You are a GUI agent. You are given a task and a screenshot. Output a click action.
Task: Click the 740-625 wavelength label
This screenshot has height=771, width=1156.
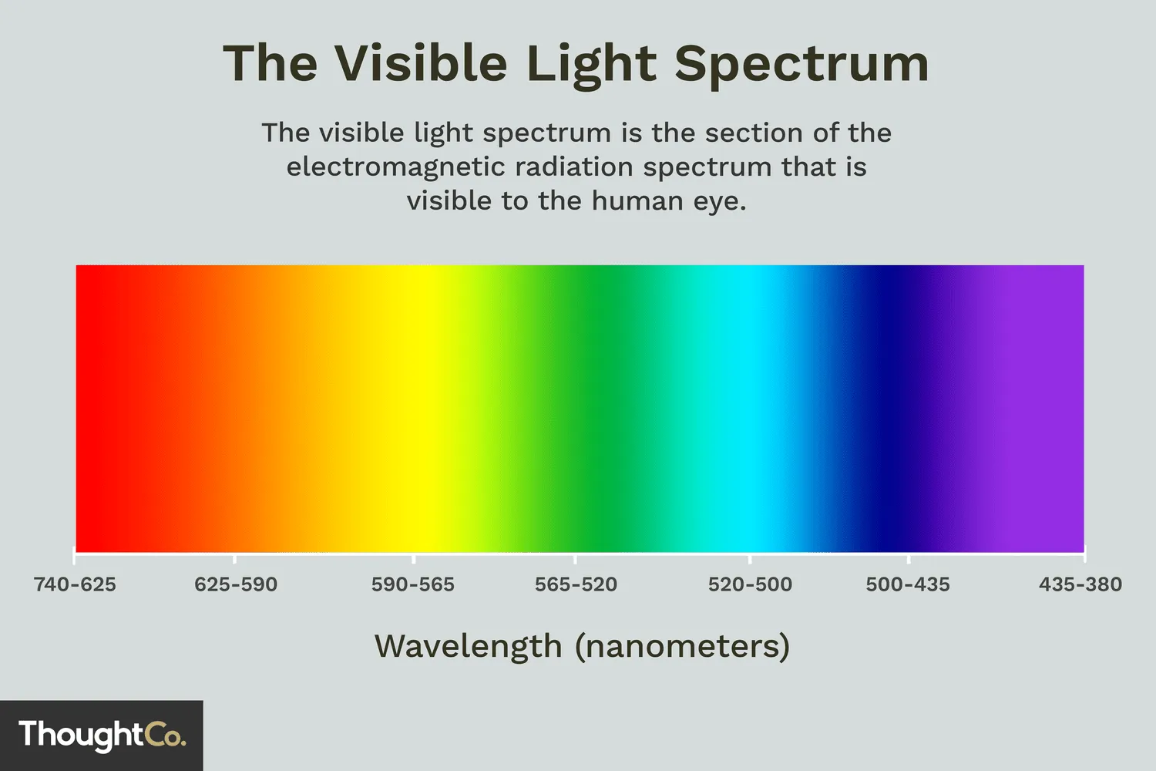75,584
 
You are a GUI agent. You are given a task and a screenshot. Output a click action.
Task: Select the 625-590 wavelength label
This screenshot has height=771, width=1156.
236,584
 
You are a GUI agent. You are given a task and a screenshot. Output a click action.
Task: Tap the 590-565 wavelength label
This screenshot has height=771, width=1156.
413,584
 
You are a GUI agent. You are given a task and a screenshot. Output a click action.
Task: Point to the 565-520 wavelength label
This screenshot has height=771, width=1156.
576,584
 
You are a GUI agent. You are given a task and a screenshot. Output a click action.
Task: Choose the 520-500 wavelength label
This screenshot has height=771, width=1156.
750,584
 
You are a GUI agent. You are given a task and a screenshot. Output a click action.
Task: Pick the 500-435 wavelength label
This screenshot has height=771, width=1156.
908,584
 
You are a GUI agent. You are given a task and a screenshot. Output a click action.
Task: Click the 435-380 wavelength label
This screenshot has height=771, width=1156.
1080,584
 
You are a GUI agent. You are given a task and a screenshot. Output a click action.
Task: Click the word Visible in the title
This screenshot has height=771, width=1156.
421,63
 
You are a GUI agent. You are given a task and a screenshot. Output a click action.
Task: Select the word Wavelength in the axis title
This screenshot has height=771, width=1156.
469,646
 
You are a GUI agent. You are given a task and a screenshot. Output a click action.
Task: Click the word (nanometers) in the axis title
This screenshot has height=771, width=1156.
683,646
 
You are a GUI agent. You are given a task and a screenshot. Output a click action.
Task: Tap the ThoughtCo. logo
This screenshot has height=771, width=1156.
102,735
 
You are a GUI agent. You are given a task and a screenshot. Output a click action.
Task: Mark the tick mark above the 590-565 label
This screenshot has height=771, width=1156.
414,558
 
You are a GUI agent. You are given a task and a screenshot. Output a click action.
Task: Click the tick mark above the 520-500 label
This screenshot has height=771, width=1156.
750,558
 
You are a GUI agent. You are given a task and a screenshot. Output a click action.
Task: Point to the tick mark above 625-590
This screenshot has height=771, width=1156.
235,558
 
